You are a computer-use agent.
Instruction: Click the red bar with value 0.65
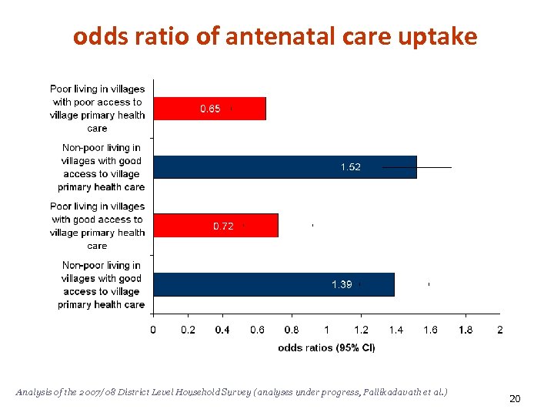209,109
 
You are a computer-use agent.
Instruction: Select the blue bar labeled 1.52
285,167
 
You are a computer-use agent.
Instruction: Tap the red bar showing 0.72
215,226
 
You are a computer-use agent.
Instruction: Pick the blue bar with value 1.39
273,284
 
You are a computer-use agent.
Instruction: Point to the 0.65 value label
210,109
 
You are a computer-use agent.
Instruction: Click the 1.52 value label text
350,167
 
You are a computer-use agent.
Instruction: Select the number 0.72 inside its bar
222,226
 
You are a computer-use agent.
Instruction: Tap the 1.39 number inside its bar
342,284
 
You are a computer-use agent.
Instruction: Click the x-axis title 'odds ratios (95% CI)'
326,347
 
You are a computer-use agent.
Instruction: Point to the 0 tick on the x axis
153,330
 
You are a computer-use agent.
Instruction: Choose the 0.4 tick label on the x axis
222,330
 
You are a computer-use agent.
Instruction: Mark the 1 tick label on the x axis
326,330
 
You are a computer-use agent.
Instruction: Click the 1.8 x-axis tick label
466,330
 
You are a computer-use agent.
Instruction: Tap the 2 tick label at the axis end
500,330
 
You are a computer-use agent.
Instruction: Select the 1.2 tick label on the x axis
361,330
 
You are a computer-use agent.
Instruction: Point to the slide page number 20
515,398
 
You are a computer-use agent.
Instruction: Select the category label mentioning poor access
98,109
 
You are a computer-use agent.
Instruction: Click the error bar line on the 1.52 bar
434,167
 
